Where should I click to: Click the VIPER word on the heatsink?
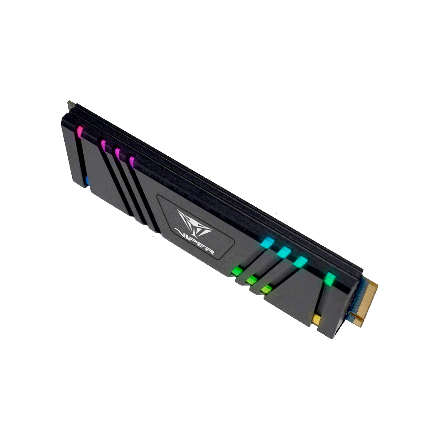coord(194,241)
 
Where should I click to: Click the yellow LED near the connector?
coord(316,319)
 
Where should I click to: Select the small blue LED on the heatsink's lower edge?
coord(87,181)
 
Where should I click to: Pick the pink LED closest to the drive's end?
coord(80,132)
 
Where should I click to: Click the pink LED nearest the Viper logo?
coord(132,162)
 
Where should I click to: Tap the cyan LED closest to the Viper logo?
coord(267,242)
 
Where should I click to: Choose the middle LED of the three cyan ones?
coord(284,252)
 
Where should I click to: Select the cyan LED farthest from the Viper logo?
coord(300,261)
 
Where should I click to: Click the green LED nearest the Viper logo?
coord(237,271)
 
